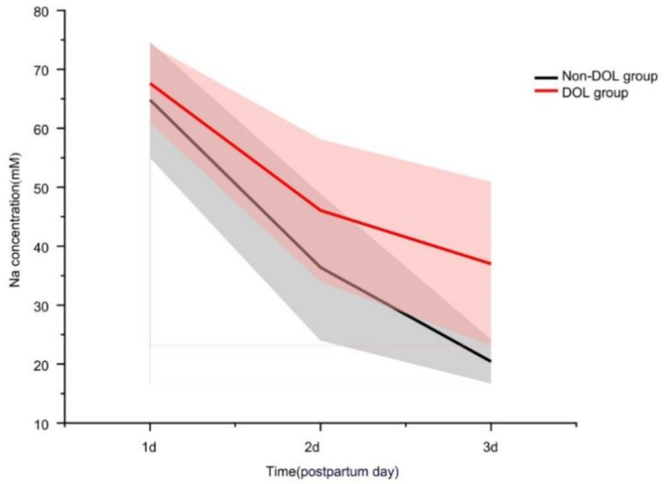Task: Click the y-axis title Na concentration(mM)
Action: (x=18, y=217)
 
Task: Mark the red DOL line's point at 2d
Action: (x=319, y=210)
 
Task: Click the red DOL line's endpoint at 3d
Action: (x=490, y=264)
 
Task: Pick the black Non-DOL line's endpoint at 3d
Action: (x=490, y=361)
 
